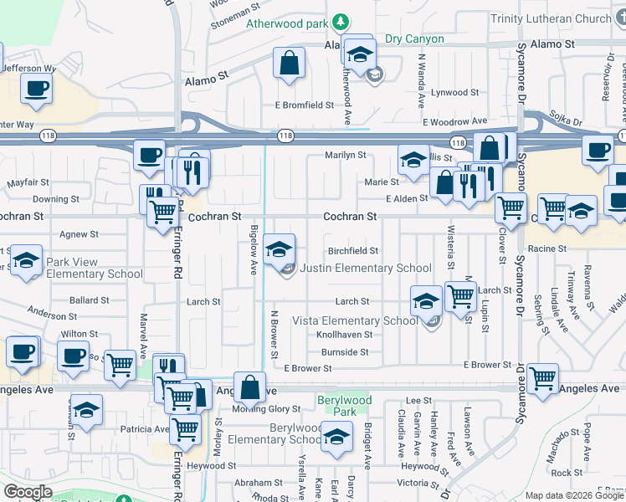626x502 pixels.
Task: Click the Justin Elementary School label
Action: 365,269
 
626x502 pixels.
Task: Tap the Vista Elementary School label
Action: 354,320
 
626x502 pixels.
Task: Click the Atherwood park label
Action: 287,23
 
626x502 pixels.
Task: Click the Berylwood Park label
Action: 344,407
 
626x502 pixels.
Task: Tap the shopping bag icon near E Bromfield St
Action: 288,64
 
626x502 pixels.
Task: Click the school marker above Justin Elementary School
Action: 280,248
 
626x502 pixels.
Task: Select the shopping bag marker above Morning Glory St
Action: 249,387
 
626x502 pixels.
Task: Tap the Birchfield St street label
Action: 352,251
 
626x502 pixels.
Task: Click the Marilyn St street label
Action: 346,156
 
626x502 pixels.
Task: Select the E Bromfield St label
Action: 305,106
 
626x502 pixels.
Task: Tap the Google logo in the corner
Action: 28,492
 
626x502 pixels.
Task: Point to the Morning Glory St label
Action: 265,409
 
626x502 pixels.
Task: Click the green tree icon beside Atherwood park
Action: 341,22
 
